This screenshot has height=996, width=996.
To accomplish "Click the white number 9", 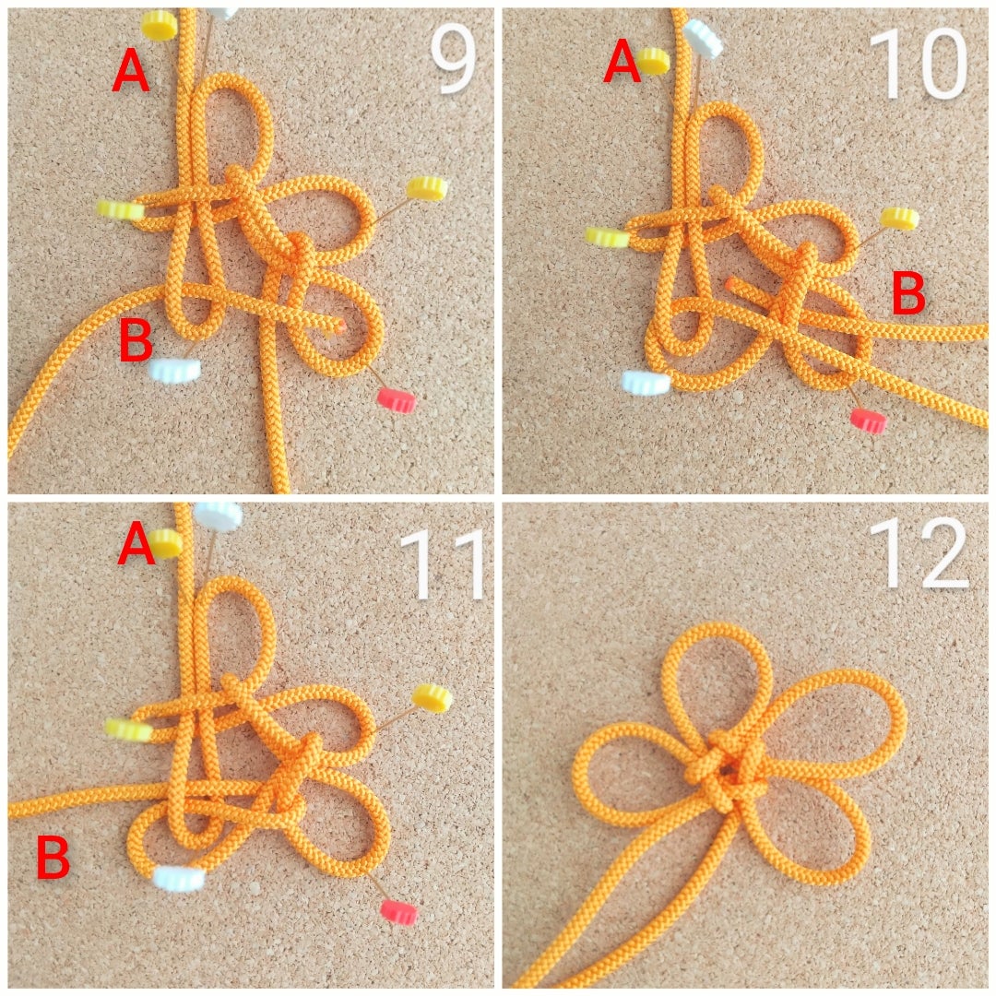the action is tap(453, 62).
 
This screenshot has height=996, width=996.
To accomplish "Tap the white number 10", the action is tap(919, 64).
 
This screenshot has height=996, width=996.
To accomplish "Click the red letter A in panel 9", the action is tap(131, 72).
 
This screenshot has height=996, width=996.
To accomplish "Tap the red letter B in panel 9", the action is tap(136, 339).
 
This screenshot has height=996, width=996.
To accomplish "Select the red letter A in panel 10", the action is tap(622, 60).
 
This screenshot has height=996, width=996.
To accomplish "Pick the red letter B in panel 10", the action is tap(908, 293).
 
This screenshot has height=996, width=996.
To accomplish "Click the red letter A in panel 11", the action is tap(136, 545).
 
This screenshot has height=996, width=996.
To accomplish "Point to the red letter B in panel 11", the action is tap(53, 858).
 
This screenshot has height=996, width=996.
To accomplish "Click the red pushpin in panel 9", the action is tap(396, 400).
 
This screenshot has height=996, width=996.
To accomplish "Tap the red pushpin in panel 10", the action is tap(868, 420).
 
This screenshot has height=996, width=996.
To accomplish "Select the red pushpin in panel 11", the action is tap(399, 911).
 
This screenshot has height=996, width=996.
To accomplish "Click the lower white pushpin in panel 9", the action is tap(174, 369).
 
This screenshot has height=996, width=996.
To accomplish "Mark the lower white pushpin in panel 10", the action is tap(646, 382).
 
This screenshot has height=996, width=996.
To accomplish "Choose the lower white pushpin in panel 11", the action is tap(179, 878).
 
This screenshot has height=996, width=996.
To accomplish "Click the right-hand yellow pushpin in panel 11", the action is tap(432, 697).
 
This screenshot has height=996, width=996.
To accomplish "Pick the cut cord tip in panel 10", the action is tap(731, 283).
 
